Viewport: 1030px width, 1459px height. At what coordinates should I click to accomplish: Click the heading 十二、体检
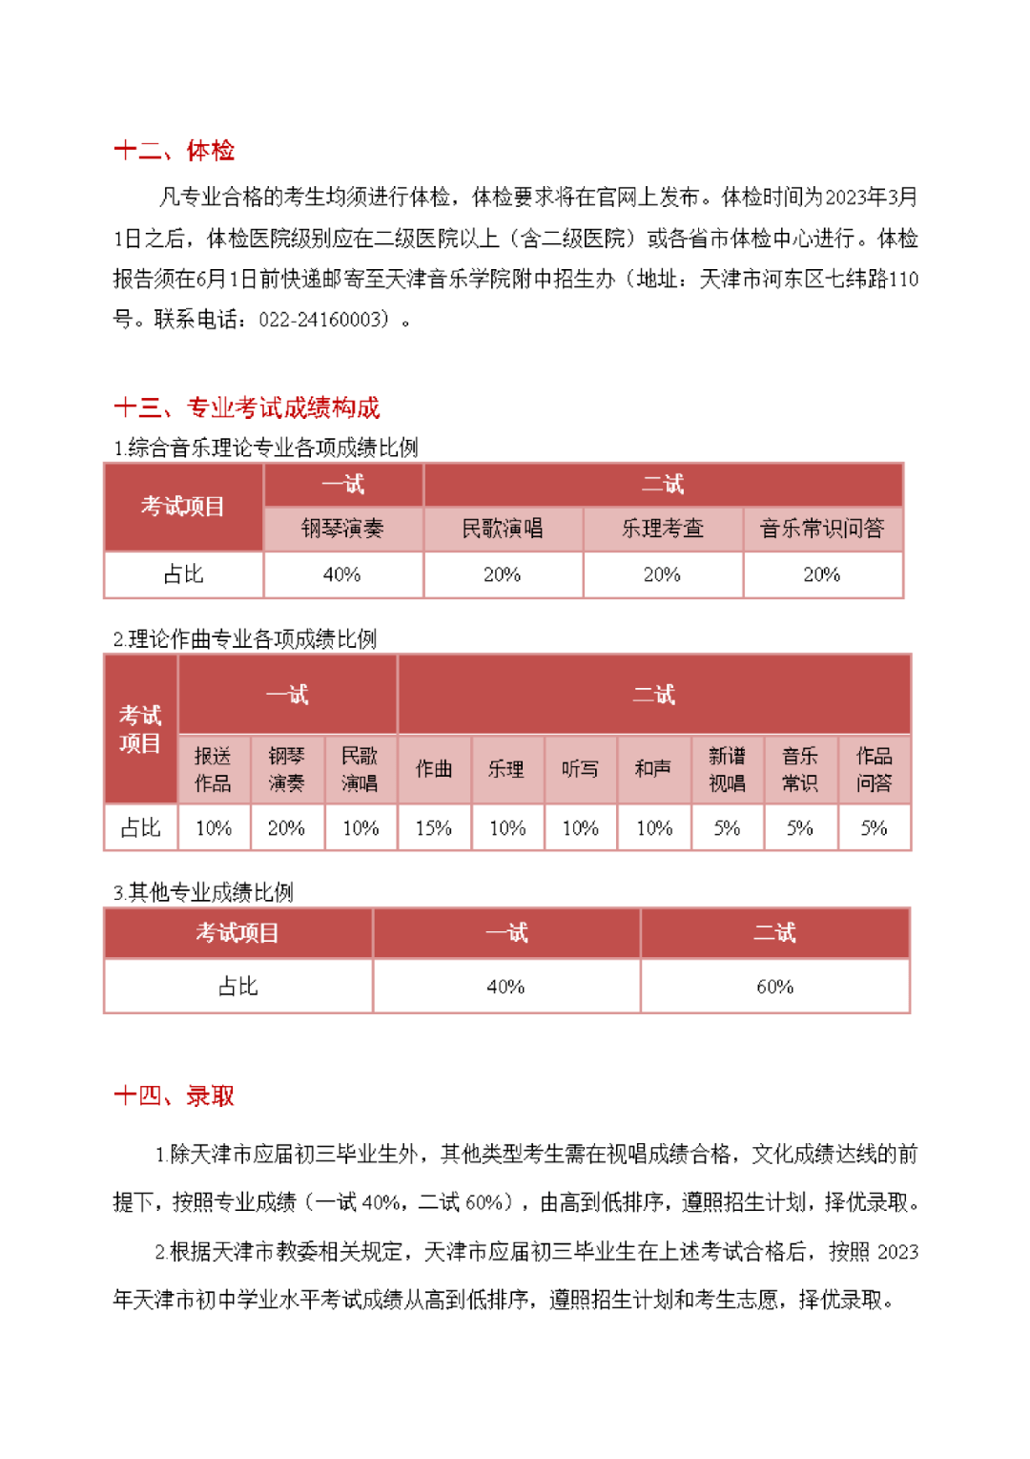[174, 151]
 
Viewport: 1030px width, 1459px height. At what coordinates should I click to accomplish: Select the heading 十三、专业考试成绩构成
[246, 408]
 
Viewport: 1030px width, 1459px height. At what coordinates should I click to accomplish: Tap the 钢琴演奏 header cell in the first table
[342, 529]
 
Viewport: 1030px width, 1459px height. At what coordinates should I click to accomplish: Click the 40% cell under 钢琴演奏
[342, 574]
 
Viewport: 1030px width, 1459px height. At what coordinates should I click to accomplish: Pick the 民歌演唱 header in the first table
[503, 529]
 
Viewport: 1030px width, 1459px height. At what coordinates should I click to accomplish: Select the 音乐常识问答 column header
[822, 529]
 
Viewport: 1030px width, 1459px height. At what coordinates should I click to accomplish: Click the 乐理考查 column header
[663, 529]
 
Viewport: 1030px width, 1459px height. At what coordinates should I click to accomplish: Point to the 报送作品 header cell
[213, 769]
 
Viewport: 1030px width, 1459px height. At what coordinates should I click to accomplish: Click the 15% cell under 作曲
[434, 828]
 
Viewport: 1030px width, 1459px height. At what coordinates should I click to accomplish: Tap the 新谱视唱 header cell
[727, 769]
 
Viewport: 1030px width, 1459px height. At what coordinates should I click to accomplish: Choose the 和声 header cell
[653, 769]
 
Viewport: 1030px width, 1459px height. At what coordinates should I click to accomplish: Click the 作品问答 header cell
[874, 769]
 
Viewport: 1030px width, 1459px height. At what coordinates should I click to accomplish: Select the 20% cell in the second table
[286, 828]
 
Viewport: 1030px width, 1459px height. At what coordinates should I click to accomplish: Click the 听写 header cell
[580, 769]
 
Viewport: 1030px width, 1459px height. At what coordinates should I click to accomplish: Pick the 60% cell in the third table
[774, 987]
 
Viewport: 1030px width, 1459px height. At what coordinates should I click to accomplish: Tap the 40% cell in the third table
[505, 987]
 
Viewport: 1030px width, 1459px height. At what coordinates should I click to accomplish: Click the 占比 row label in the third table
[237, 987]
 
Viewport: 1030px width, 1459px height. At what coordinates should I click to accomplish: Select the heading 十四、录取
[174, 1095]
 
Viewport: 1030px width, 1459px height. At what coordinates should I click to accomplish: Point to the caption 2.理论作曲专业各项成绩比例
[245, 638]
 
